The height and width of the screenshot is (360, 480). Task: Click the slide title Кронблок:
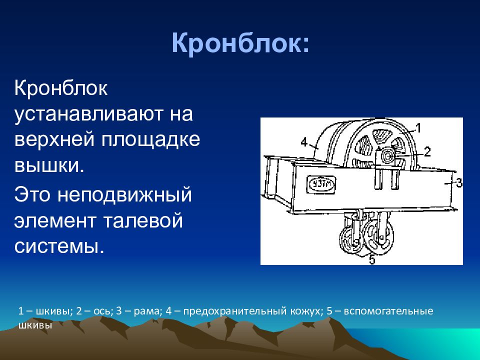(x=240, y=43)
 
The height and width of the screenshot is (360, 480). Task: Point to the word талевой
(x=143, y=220)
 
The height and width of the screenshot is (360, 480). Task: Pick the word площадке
(x=150, y=140)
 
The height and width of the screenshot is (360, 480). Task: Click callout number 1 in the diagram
(x=418, y=128)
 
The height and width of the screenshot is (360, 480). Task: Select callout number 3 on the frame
(x=458, y=183)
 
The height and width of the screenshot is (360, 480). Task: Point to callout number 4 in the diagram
(x=303, y=142)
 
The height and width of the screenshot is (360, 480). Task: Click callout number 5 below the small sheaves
(x=372, y=259)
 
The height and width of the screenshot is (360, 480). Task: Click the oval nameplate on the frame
(x=321, y=184)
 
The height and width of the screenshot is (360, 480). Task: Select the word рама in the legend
(x=147, y=311)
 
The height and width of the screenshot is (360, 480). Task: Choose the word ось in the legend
(x=101, y=311)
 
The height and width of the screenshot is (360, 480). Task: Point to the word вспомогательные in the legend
(x=388, y=311)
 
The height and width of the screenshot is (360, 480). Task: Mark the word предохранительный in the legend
(x=235, y=311)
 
